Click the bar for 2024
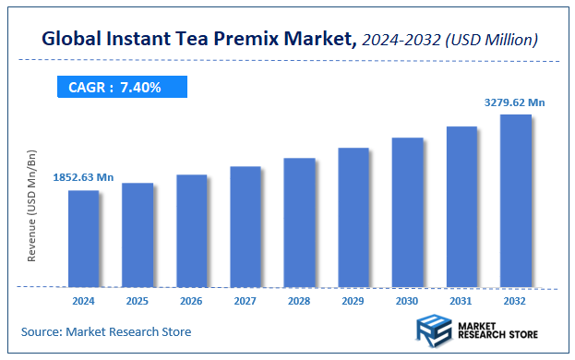(x=83, y=238)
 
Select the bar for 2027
(x=246, y=226)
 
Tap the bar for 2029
(x=353, y=217)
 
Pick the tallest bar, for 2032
(x=515, y=200)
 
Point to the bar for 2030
(x=407, y=211)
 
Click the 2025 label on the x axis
(x=138, y=301)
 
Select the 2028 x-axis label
(x=299, y=301)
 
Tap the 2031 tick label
(x=461, y=301)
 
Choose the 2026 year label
(x=191, y=301)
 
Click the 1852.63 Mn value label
(x=83, y=176)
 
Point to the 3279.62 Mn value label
(x=515, y=102)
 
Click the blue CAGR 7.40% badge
(x=117, y=88)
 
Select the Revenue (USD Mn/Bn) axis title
(x=32, y=209)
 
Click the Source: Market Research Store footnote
(x=105, y=331)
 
